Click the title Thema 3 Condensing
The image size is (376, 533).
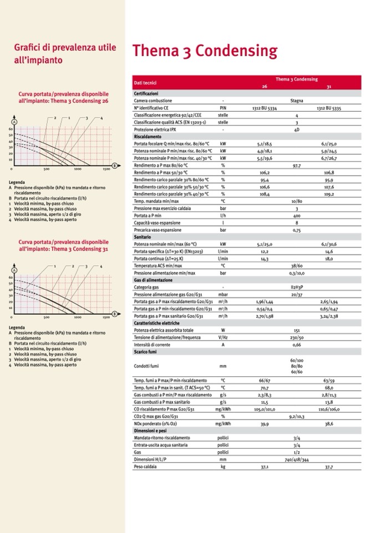pyautogui.click(x=204, y=52)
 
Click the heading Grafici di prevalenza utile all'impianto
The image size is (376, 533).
pyautogui.click(x=65, y=53)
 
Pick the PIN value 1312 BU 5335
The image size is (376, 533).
pyautogui.click(x=329, y=108)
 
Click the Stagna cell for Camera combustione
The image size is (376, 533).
pyautogui.click(x=297, y=101)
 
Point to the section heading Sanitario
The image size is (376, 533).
pyautogui.click(x=143, y=237)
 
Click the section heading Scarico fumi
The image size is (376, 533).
pyautogui.click(x=145, y=352)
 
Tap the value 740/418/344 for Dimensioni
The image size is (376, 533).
pyautogui.click(x=297, y=460)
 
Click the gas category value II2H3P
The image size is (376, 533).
pyautogui.click(x=297, y=287)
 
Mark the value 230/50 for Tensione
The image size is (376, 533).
pyautogui.click(x=297, y=337)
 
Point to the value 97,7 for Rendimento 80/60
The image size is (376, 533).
pyautogui.click(x=297, y=165)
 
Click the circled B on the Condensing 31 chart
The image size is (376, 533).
pyautogui.click(x=114, y=313)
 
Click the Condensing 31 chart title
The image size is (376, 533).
pyautogui.click(x=63, y=246)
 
